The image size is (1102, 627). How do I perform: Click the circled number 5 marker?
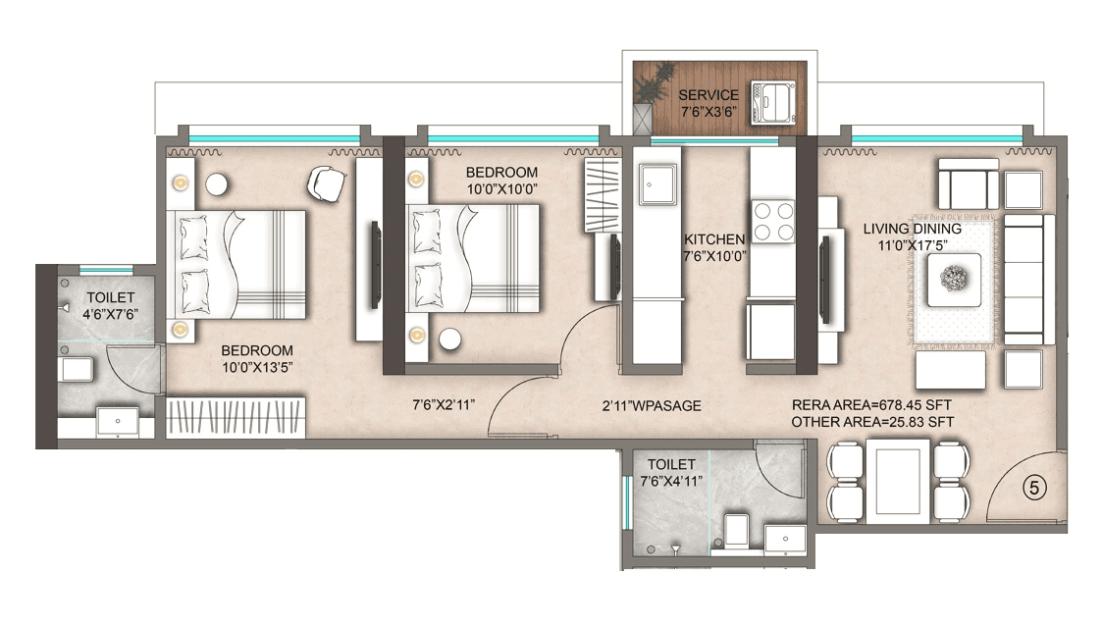coord(1031,486)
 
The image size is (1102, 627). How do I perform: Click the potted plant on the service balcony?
coord(645,98)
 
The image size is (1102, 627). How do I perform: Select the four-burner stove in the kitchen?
coord(773,221)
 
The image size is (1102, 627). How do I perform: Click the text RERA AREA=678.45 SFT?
coord(871,404)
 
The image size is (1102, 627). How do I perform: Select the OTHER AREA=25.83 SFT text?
coord(871,422)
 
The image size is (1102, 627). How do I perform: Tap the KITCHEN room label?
coord(714,238)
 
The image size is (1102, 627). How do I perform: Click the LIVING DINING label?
coord(912,229)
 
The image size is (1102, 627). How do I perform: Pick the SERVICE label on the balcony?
coord(708,95)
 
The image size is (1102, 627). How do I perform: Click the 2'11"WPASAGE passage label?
coord(652,405)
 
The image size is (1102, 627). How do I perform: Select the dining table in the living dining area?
coord(897,481)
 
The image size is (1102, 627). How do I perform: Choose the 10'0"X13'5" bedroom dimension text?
coord(256,367)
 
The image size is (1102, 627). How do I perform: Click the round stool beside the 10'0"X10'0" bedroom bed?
coord(449,340)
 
